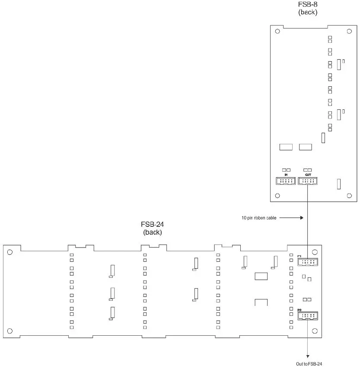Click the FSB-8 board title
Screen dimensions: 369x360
pos(308,8)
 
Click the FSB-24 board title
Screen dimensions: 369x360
pos(152,228)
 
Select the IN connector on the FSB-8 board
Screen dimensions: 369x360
pos(286,181)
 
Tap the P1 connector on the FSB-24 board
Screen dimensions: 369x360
pos(308,262)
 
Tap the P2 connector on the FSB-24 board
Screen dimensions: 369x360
pos(308,316)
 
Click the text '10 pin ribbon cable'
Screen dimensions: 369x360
pos(259,218)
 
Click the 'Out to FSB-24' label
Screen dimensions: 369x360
pos(309,364)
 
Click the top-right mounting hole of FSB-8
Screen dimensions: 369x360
pos(349,32)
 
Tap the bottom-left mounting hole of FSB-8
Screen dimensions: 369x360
pos(277,196)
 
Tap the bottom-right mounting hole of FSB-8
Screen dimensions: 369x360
pos(349,196)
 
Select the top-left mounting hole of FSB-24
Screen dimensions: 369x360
pos(10,252)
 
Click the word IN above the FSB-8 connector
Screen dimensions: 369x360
pos(286,175)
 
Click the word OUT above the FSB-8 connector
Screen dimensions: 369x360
pos(308,175)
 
